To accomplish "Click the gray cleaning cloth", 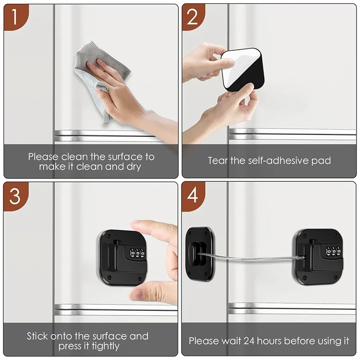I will (x=101, y=74).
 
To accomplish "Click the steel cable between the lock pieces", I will (x=252, y=258).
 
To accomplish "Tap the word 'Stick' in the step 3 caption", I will (x=38, y=336).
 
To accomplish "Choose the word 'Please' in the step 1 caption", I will (x=43, y=157).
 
